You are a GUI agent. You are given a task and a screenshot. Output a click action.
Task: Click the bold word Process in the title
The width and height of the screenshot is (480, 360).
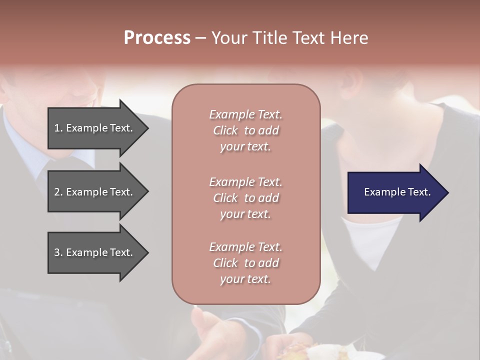(157, 37)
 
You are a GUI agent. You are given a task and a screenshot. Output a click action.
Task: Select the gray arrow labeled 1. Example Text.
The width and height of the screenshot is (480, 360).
(95, 128)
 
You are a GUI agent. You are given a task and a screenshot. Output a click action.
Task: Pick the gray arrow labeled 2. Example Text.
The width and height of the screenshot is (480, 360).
(95, 192)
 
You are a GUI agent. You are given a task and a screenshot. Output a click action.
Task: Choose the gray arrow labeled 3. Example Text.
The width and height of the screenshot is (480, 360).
(95, 252)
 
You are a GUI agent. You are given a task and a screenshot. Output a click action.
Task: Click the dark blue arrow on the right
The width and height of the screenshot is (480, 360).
(395, 192)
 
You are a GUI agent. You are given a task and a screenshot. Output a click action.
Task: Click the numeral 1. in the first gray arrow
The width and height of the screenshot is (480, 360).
(58, 128)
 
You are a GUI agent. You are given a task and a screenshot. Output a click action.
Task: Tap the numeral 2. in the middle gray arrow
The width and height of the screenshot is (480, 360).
(58, 192)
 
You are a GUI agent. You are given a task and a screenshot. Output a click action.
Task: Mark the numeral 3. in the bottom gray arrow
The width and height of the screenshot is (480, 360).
(58, 252)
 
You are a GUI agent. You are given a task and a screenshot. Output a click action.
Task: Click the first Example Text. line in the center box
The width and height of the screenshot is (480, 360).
(245, 114)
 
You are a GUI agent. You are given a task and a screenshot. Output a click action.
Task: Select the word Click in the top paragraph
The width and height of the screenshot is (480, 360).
(225, 130)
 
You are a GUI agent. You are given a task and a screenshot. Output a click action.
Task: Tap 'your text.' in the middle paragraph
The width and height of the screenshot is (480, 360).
(245, 214)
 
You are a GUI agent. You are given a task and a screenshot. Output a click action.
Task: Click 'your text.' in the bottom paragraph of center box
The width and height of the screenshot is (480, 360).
(245, 279)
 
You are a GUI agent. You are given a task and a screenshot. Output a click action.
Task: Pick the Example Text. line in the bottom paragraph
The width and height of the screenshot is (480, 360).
(245, 247)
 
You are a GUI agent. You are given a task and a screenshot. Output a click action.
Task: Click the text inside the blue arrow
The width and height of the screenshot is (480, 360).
(397, 192)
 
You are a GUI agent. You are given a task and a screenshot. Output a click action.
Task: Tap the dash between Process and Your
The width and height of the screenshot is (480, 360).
(200, 38)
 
